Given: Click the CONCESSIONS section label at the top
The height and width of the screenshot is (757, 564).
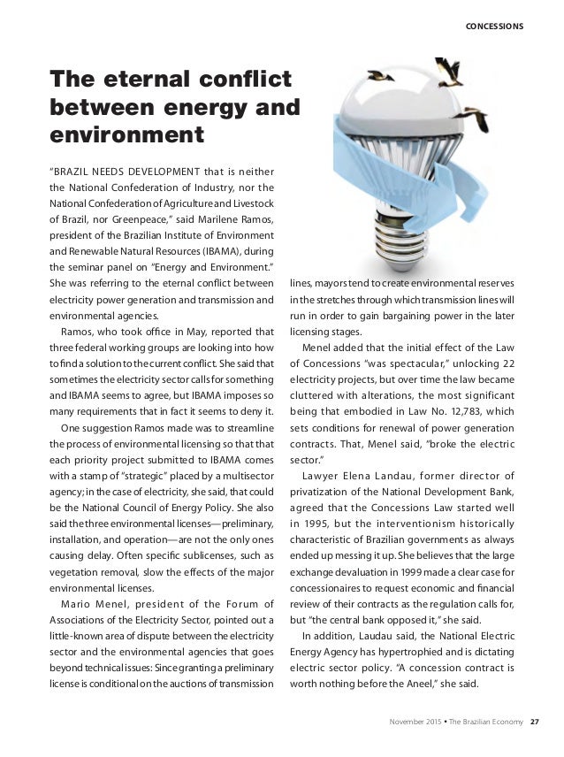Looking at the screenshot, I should coord(495,26).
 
